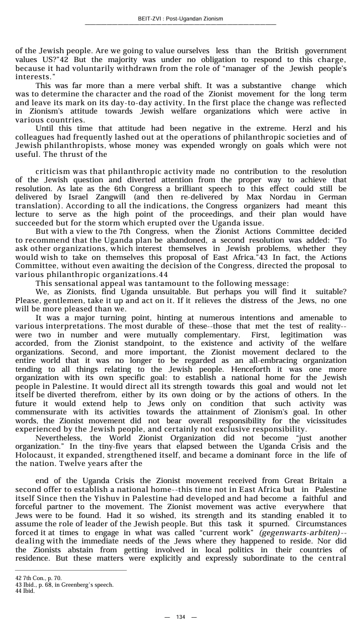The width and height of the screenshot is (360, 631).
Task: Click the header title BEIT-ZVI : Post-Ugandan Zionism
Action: pos(180,19)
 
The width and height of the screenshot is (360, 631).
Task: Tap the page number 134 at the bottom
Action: pos(180,617)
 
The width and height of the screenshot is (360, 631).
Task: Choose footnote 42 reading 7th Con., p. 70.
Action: pos(38,578)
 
